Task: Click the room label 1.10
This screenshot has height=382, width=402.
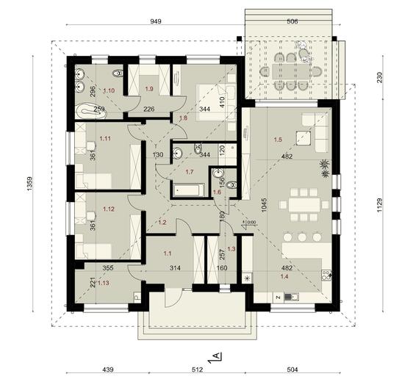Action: coord(109,90)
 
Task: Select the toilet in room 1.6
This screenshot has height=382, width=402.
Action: coord(231,185)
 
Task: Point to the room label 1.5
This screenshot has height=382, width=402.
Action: coord(278,138)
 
